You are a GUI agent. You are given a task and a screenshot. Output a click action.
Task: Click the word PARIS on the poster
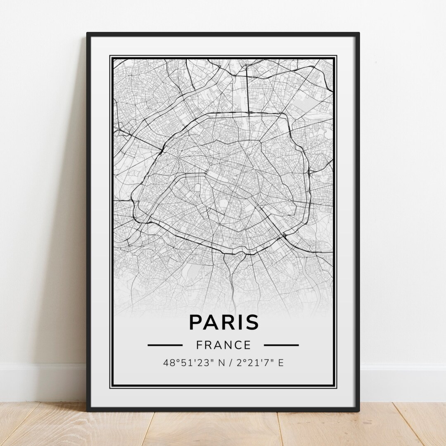pyautogui.click(x=223, y=323)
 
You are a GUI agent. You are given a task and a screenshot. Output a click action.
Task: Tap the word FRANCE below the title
pyautogui.click(x=223, y=344)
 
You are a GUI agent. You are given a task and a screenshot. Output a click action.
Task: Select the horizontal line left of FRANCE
pyautogui.click(x=165, y=344)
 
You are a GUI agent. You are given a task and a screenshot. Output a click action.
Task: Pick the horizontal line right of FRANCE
pyautogui.click(x=281, y=344)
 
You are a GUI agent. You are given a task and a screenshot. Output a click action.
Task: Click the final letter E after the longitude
pyautogui.click(x=281, y=363)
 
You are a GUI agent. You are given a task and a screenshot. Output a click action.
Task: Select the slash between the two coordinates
pyautogui.click(x=227, y=363)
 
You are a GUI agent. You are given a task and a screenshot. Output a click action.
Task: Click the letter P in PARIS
pyautogui.click(x=196, y=323)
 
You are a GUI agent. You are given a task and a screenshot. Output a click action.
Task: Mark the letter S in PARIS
pyautogui.click(x=251, y=323)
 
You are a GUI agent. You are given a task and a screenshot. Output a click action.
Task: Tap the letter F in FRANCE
pyautogui.click(x=199, y=344)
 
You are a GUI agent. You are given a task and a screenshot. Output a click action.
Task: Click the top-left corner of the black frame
pyautogui.click(x=88, y=34)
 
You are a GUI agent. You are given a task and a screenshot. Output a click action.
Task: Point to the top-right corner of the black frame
pyautogui.click(x=358, y=34)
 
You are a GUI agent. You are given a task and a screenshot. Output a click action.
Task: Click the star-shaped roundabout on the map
pyautogui.click(x=178, y=158)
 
